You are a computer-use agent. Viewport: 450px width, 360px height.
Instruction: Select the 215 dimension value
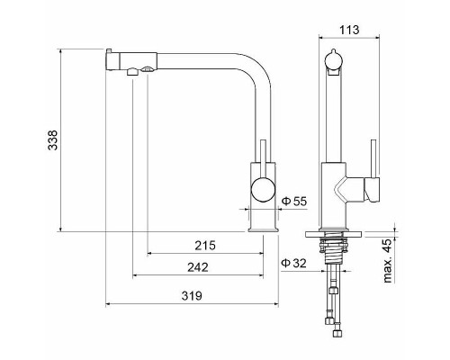click(x=205, y=245)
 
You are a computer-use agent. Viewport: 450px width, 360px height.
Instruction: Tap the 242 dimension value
click(x=199, y=267)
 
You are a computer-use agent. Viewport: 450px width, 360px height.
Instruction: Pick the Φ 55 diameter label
click(x=294, y=201)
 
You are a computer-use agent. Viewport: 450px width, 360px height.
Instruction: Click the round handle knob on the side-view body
click(x=264, y=190)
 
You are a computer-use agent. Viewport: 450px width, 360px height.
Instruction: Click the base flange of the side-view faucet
click(x=264, y=229)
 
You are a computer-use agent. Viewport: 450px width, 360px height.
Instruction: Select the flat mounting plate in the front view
click(x=339, y=232)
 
